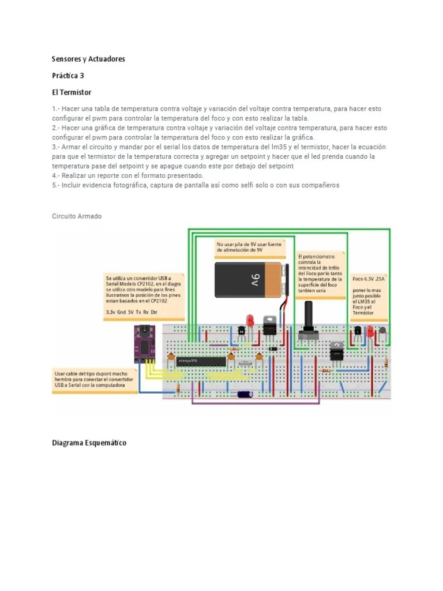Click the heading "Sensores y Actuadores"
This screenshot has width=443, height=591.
pos(88,59)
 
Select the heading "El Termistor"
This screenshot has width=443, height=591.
pos(72,92)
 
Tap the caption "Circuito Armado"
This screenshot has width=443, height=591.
pos(77,216)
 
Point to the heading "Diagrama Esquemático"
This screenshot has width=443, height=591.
pos(89,443)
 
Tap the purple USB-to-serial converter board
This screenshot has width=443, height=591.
pos(144,344)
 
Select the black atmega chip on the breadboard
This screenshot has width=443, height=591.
pos(201,361)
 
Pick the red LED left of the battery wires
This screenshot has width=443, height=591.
pos(250,320)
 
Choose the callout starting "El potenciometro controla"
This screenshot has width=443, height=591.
pos(320,273)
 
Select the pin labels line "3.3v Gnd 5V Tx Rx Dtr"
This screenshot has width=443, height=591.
pos(132,312)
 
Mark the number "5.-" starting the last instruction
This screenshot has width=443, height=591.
pos(56,185)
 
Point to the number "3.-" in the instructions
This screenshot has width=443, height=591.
pos(56,147)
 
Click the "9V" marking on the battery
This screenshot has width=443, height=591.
pos(256,280)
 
